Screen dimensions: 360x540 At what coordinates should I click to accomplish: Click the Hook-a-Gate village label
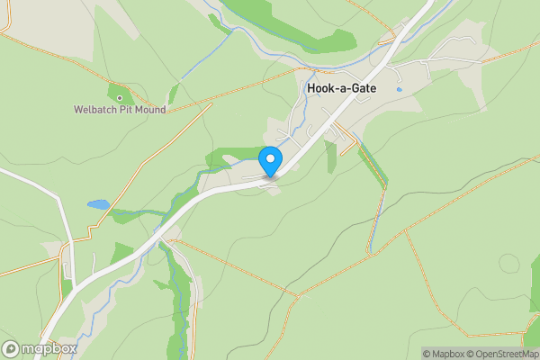tap(341, 89)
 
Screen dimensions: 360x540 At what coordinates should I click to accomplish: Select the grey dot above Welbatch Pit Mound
tap(119, 97)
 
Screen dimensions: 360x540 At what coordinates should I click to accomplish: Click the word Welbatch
tap(95, 111)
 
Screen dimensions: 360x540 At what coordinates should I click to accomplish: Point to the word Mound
tap(148, 111)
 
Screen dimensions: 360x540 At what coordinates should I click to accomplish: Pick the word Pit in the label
tap(123, 111)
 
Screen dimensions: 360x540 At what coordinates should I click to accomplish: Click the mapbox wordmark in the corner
tap(50, 348)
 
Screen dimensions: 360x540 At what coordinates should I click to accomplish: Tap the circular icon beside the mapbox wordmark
tap(12, 348)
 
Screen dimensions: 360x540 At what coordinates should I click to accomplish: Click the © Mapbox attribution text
tap(445, 354)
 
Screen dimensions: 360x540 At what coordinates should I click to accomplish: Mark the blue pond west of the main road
tap(98, 205)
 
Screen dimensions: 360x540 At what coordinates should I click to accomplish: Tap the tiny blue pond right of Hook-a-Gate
tap(399, 90)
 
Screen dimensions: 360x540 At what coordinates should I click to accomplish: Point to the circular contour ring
tap(509, 264)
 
